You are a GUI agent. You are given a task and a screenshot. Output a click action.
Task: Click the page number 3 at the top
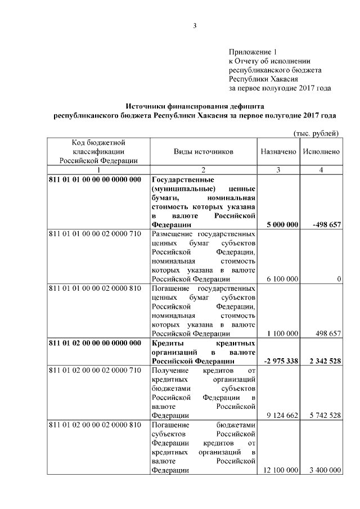pyautogui.click(x=195, y=25)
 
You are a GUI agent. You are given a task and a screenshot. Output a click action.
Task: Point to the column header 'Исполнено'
pyautogui.click(x=321, y=152)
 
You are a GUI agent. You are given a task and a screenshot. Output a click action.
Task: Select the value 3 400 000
pyautogui.click(x=322, y=470)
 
